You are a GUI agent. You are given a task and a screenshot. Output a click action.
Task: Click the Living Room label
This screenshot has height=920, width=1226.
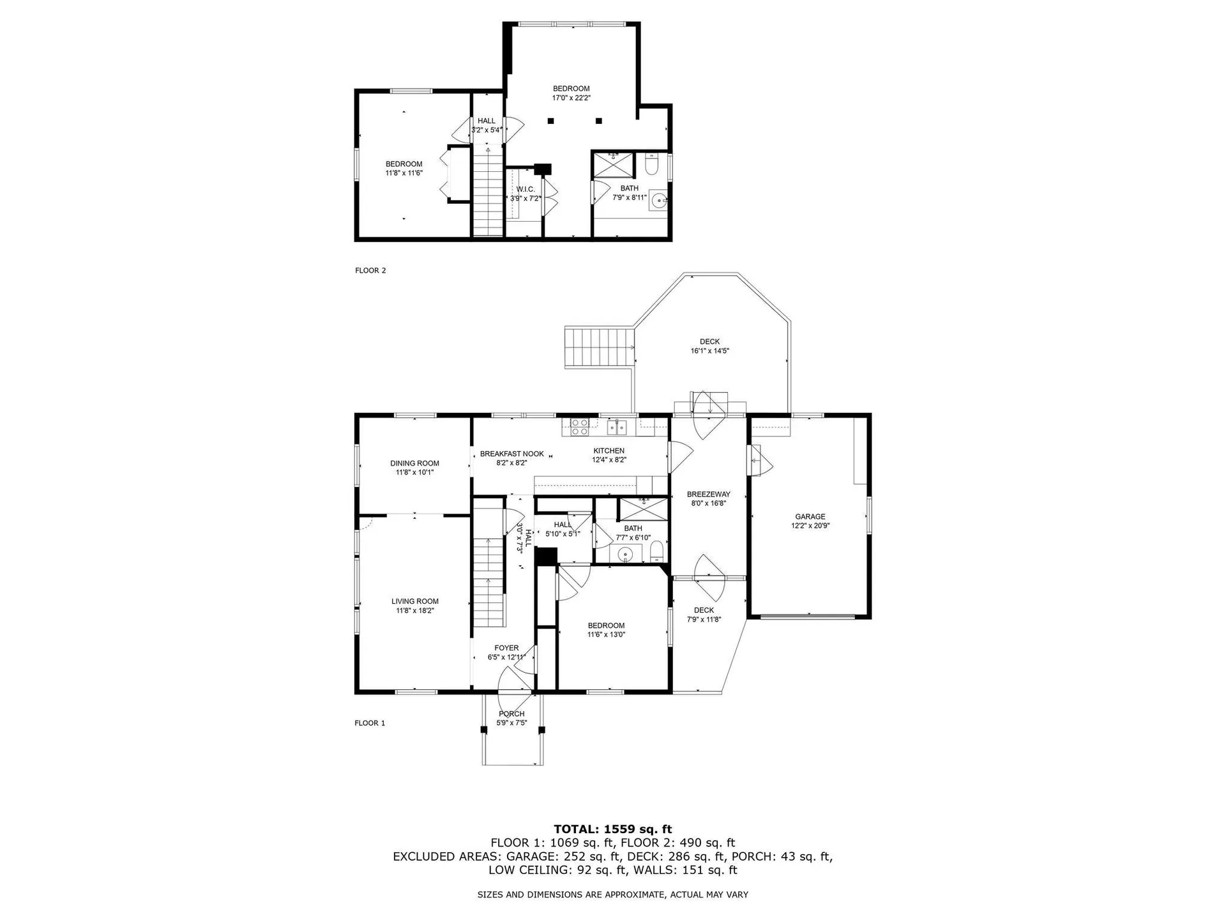click(414, 601)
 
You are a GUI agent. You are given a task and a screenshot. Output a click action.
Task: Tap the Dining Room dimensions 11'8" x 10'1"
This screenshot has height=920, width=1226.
click(414, 473)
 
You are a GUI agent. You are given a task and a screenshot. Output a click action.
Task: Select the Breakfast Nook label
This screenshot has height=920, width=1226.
click(511, 454)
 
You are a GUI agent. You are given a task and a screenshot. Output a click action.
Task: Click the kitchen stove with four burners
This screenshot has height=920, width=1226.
click(579, 427)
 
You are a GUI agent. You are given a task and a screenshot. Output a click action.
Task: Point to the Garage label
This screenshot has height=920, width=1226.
click(810, 517)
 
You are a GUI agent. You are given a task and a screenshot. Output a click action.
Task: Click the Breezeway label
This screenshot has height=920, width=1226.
click(708, 494)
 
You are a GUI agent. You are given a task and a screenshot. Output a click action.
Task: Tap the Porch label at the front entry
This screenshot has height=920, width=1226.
click(511, 714)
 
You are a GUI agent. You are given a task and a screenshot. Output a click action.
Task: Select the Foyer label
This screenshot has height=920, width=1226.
click(506, 648)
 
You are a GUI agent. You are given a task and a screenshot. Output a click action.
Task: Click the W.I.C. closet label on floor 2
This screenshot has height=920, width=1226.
click(526, 189)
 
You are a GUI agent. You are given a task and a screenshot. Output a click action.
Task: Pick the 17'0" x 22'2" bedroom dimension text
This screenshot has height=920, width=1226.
click(571, 98)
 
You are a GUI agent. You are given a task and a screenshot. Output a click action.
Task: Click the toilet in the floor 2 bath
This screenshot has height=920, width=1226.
click(651, 165)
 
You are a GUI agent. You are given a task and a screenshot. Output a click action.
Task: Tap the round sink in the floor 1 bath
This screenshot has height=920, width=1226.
click(624, 554)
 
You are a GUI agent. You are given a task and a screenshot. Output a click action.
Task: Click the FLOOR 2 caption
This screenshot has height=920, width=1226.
click(370, 270)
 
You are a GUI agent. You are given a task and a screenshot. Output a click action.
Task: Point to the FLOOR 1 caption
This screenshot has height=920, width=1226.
click(370, 723)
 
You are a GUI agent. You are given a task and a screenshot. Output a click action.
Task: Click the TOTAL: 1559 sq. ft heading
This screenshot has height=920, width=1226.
click(612, 829)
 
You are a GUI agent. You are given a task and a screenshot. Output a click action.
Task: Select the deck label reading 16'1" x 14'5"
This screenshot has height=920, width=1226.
click(709, 351)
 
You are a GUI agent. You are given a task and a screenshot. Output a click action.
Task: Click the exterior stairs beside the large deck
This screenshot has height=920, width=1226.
click(598, 347)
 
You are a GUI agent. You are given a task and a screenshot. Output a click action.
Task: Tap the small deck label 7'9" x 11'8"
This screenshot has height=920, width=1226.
click(704, 619)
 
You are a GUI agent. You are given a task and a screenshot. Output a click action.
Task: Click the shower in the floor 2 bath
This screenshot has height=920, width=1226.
click(613, 164)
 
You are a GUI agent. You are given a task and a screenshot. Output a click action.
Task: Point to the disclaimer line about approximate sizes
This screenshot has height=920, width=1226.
click(612, 895)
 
